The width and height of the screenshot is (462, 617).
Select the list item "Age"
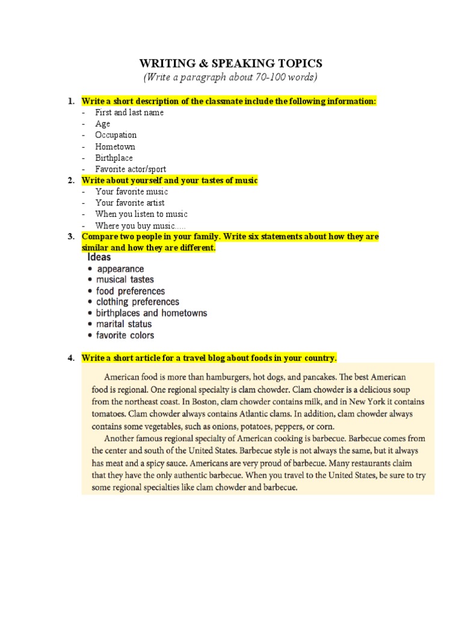[102, 124]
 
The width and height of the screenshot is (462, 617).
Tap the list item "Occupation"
[115, 135]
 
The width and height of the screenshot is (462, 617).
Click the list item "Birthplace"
[114, 158]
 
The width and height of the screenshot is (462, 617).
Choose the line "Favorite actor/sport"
[130, 169]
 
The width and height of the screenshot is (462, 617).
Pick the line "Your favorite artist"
[129, 203]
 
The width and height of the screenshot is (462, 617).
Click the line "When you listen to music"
[141, 214]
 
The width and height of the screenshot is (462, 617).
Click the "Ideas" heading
[99, 257]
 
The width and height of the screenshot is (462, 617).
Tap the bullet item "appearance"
[120, 269]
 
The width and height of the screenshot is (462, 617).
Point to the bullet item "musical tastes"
[125, 280]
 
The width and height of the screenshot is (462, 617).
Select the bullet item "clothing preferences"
[137, 302]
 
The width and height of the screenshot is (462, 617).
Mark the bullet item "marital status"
[124, 324]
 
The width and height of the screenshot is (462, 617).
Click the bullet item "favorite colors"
[125, 335]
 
